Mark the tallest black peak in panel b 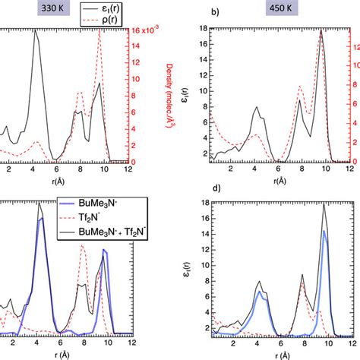point(322,30)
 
